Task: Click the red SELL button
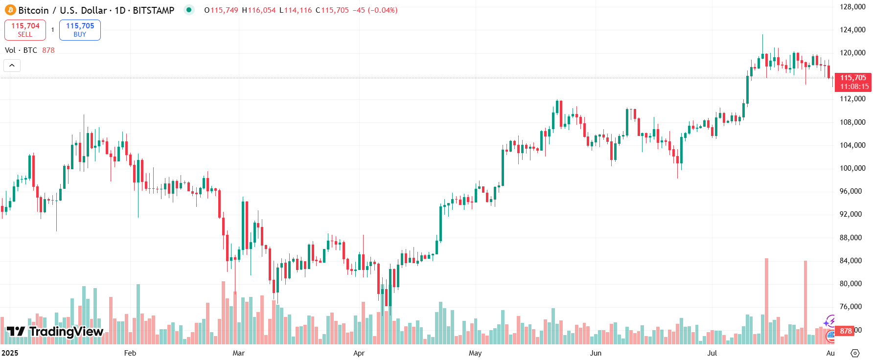pyautogui.click(x=25, y=30)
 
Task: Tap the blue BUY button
pyautogui.click(x=80, y=30)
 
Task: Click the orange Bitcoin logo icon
pyautogui.click(x=10, y=10)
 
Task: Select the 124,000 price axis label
pyautogui.click(x=852, y=30)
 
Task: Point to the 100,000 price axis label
pyautogui.click(x=852, y=168)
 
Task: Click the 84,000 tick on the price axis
pyautogui.click(x=850, y=261)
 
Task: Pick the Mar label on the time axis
pyautogui.click(x=238, y=353)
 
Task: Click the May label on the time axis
pyautogui.click(x=475, y=353)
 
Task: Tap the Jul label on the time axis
pyautogui.click(x=712, y=353)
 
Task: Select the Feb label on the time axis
pyautogui.click(x=130, y=353)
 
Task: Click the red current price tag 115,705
pyautogui.click(x=853, y=82)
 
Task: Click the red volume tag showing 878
pyautogui.click(x=846, y=331)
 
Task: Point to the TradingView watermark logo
pyautogui.click(x=55, y=332)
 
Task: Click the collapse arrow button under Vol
pyautogui.click(x=12, y=65)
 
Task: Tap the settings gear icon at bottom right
pyautogui.click(x=855, y=353)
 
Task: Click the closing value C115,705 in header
pyautogui.click(x=332, y=10)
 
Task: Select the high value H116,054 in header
pyautogui.click(x=259, y=10)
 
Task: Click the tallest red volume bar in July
pyautogui.click(x=766, y=301)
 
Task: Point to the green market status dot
pyautogui.click(x=189, y=10)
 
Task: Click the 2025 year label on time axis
pyautogui.click(x=10, y=353)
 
